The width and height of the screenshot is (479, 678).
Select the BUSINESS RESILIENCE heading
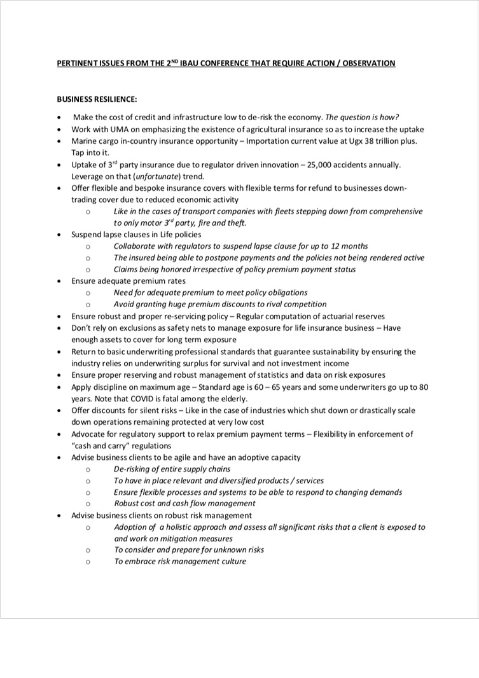point(97,99)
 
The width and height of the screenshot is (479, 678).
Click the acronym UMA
point(115,129)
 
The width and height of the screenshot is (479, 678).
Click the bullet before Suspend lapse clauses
point(59,235)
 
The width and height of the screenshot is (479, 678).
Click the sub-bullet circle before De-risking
point(87,469)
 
